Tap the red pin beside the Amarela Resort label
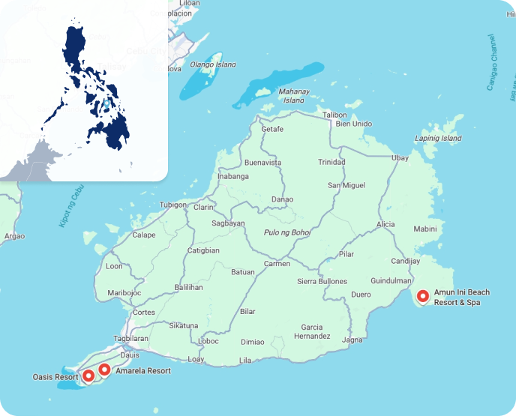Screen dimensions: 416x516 click(104, 370)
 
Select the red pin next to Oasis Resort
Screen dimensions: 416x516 click(88, 375)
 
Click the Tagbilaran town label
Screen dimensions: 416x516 click(130, 338)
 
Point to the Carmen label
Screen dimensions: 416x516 click(277, 264)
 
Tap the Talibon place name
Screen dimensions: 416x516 click(334, 115)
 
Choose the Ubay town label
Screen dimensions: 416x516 click(400, 157)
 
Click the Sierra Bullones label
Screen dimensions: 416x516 click(322, 281)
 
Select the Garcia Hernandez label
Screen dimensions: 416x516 click(311, 331)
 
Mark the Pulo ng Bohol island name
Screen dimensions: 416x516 click(287, 232)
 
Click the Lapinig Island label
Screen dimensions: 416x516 click(439, 139)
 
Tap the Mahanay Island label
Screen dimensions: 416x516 click(293, 96)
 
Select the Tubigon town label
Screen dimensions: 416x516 click(172, 205)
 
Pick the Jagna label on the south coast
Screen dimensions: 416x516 click(352, 340)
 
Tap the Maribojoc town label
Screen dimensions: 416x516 click(124, 292)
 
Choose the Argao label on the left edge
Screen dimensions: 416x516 click(14, 236)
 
